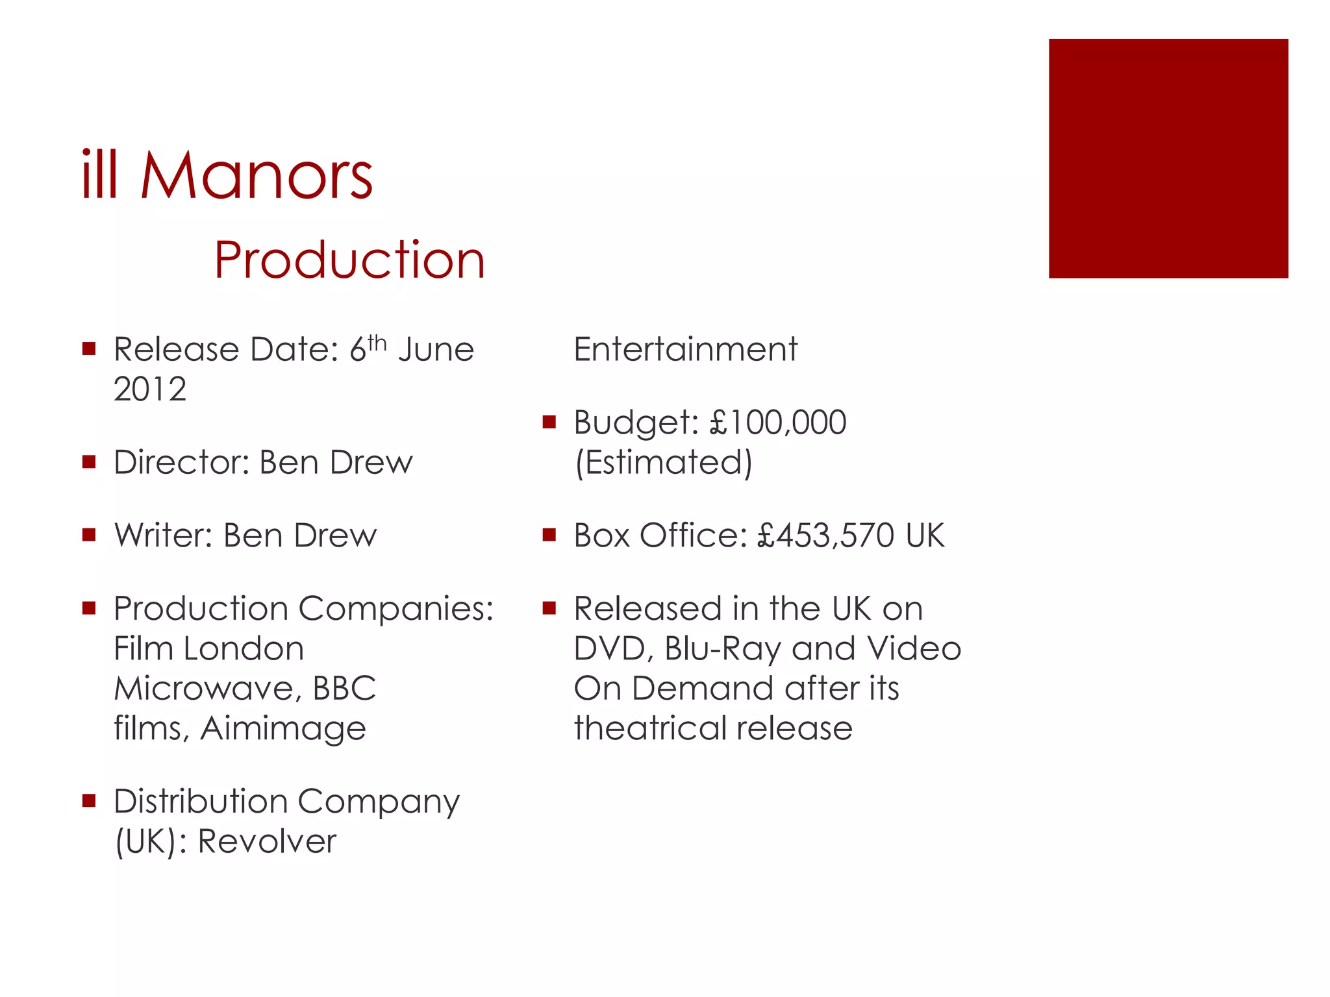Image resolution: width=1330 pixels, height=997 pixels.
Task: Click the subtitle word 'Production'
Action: click(349, 260)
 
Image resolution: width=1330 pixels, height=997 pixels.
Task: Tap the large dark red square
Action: click(1168, 158)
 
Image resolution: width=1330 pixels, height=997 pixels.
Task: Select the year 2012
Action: click(150, 389)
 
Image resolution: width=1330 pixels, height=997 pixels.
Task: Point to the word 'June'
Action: click(436, 350)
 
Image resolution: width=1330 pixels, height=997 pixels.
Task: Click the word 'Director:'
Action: click(182, 463)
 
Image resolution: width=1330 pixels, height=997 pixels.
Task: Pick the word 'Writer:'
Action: click(164, 536)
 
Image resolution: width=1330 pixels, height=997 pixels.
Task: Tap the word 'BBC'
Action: click(344, 688)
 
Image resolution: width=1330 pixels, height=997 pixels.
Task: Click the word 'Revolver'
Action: click(267, 842)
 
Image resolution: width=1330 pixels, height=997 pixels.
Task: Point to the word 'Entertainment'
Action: click(685, 350)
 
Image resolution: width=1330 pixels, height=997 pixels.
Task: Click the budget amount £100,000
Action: click(777, 423)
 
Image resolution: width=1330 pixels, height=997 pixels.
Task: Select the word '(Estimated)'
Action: click(663, 463)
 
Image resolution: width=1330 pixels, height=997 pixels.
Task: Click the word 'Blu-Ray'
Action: click(721, 649)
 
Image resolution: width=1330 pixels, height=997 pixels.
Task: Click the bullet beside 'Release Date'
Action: click(89, 349)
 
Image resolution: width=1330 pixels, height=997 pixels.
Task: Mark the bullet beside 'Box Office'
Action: click(549, 535)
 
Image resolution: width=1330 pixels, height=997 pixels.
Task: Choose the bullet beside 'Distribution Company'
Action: click(89, 801)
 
